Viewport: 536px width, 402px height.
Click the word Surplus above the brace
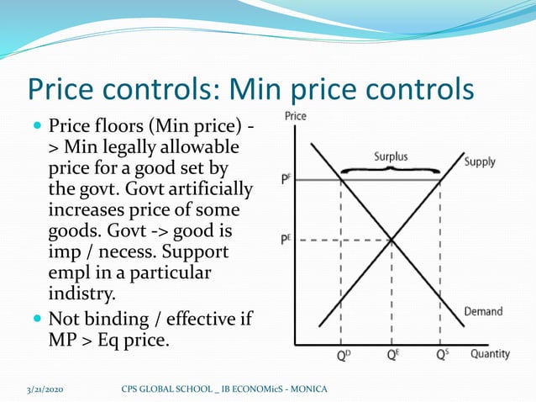(391, 156)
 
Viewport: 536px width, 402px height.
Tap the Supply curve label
(480, 161)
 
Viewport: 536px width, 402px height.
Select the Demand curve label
(484, 311)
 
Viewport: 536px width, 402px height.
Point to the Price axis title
(296, 116)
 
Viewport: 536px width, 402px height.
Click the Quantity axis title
(490, 354)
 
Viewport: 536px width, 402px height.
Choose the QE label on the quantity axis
(392, 355)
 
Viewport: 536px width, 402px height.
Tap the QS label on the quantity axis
(443, 355)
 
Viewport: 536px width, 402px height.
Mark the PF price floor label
(286, 179)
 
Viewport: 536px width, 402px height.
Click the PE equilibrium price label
(286, 240)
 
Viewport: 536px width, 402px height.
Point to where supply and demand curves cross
(392, 240)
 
